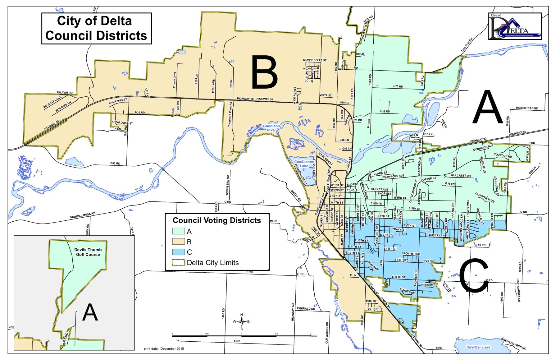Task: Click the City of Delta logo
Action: pos(515,26)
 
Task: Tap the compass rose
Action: pos(242,321)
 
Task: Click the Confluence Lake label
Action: pos(304,164)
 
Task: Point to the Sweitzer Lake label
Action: pos(478,347)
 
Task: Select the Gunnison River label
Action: pos(271,128)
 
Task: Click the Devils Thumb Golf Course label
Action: pos(88,252)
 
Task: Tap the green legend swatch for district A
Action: pos(179,231)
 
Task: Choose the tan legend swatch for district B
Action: pos(179,242)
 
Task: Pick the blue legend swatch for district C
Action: pos(179,252)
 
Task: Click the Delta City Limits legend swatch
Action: pos(179,262)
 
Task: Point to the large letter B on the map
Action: pos(264,72)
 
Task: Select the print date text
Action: pos(164,348)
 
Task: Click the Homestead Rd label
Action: pos(527,108)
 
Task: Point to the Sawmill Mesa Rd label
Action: pos(82,215)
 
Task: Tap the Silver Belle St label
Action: pos(315,60)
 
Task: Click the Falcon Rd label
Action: pos(65,93)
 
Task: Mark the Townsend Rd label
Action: pos(227,185)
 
